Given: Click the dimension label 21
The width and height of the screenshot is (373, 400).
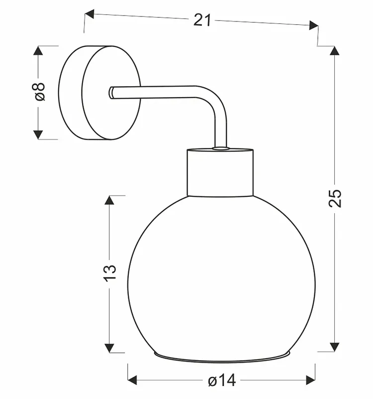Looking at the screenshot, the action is (202, 20).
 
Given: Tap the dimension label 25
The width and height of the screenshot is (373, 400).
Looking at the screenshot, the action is (335, 198).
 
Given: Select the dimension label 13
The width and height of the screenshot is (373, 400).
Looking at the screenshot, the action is (110, 273).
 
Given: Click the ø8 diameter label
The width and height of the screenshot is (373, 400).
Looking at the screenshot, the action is (38, 91).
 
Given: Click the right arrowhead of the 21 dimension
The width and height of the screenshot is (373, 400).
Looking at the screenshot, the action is (314, 25).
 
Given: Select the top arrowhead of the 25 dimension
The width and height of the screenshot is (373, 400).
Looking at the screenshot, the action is (335, 50).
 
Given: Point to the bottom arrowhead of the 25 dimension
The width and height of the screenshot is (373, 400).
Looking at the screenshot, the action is (335, 347).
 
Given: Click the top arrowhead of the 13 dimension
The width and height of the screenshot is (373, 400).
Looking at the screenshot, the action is (109, 200).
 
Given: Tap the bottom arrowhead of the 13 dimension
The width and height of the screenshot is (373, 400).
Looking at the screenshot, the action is (109, 348).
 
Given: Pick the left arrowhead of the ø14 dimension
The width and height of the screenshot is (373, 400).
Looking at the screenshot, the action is (132, 380).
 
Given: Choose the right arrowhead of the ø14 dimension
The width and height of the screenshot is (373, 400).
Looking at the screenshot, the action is (311, 380).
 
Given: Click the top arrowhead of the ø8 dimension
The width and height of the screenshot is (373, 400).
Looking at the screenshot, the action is (38, 50).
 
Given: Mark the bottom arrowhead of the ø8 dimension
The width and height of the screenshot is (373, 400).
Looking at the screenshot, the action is (38, 134).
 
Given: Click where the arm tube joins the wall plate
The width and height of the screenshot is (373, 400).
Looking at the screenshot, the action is (111, 93).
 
